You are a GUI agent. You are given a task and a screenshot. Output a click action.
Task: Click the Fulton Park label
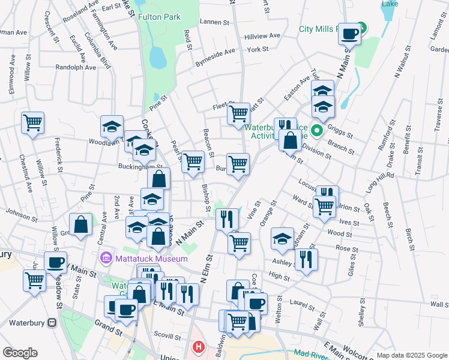(159, 17)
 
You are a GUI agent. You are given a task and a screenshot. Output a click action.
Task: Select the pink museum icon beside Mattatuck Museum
(106, 259)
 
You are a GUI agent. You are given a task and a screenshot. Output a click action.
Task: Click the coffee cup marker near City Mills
(349, 35)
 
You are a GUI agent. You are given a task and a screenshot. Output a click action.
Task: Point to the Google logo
(20, 352)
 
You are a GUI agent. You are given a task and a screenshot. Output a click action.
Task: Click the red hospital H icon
(197, 347)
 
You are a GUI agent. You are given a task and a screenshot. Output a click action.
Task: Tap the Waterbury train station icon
(52, 323)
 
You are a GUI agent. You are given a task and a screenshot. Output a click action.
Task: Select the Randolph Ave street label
(76, 68)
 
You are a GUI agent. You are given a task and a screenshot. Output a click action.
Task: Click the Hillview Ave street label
(262, 36)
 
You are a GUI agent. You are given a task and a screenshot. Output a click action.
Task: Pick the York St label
(257, 49)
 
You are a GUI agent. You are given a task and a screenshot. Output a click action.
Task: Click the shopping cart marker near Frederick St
(32, 124)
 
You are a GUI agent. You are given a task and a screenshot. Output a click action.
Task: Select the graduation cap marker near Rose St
(282, 239)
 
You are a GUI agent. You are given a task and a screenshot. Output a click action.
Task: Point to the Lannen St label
(218, 22)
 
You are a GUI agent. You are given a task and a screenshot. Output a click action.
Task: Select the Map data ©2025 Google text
(411, 355)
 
